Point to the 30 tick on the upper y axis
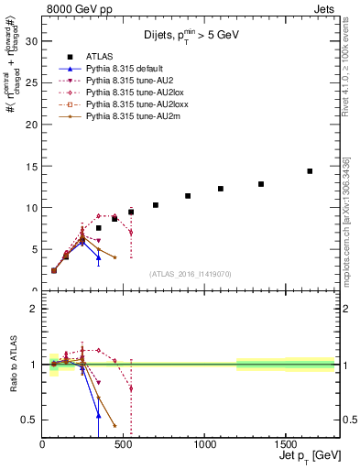pyautogui.click(x=36, y=41)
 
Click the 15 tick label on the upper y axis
pyautogui.click(x=36, y=166)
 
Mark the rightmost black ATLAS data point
pyautogui.click(x=310, y=171)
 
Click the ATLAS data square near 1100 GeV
pyautogui.click(x=221, y=189)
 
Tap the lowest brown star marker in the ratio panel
pyautogui.click(x=115, y=425)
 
